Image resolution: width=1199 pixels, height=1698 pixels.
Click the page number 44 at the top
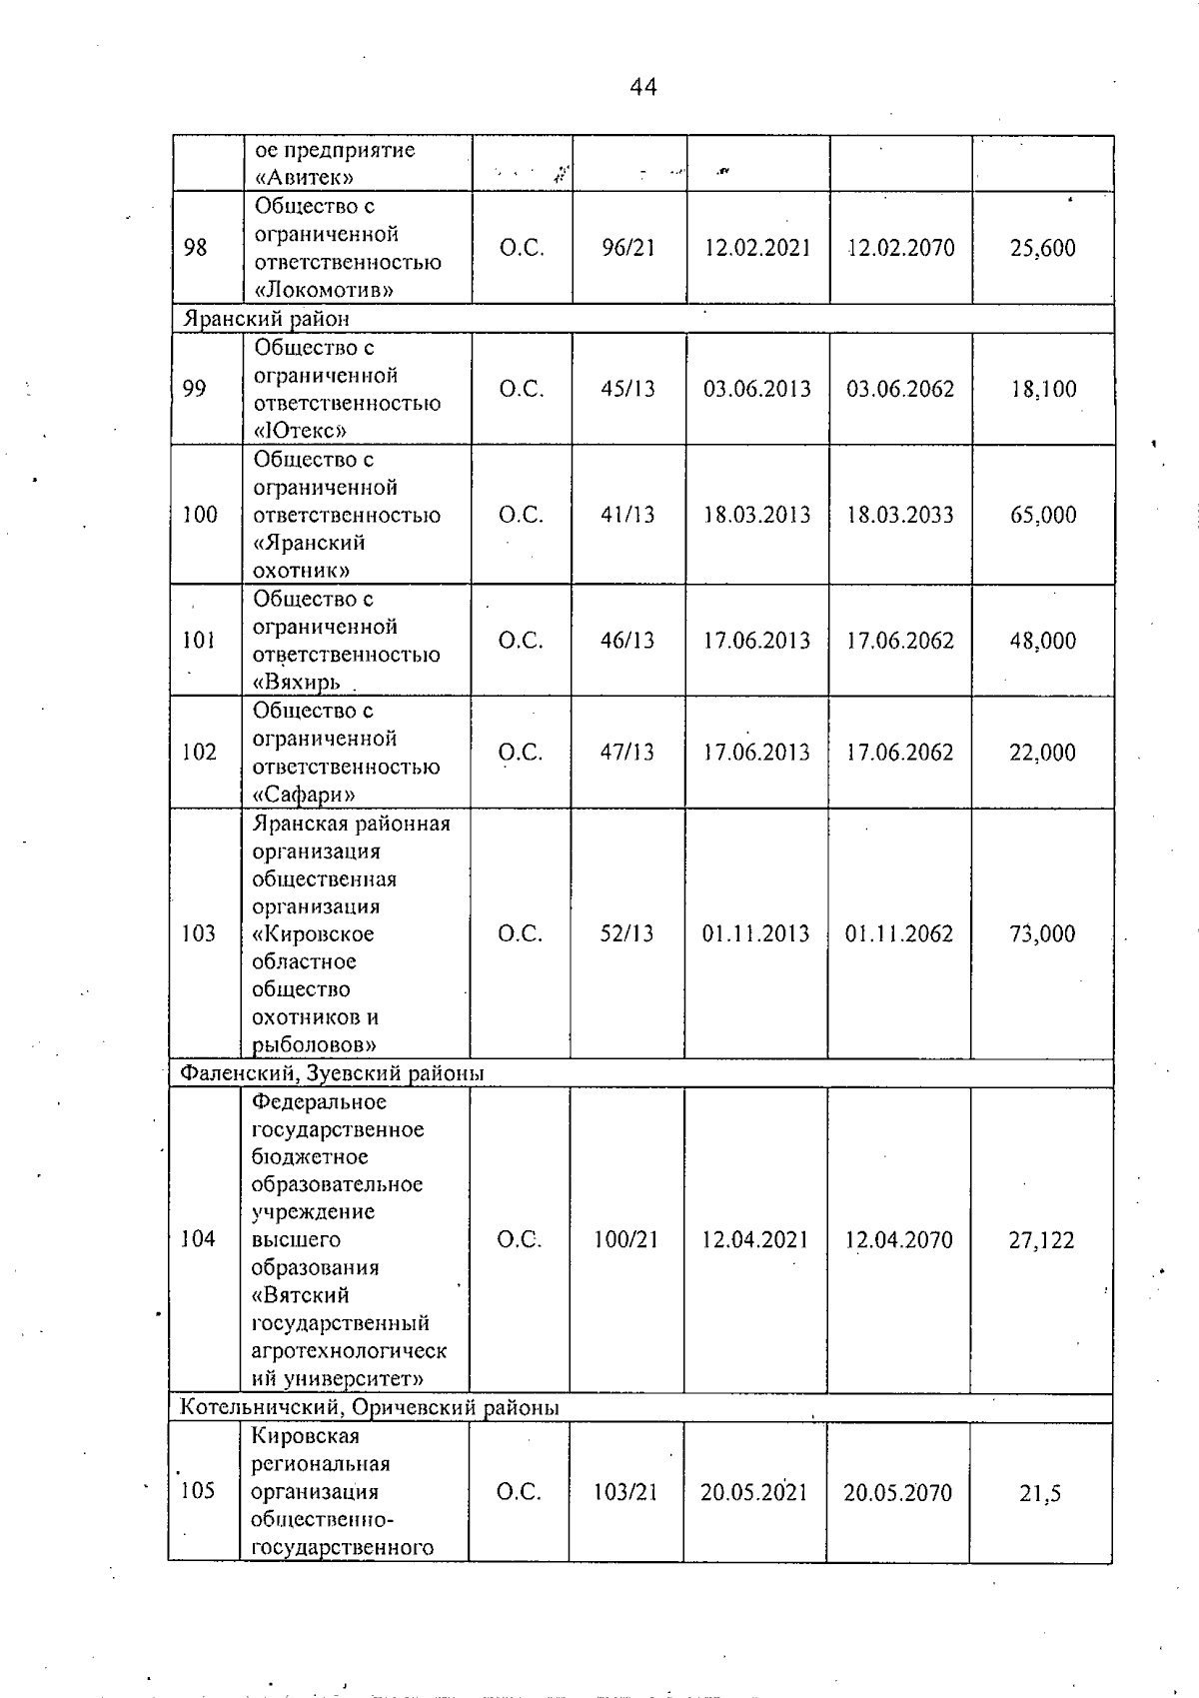pos(643,88)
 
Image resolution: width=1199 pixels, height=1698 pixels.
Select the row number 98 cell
pos(196,247)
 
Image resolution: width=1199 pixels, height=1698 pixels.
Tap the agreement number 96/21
pos(628,248)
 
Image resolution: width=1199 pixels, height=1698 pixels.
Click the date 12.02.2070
pos(900,248)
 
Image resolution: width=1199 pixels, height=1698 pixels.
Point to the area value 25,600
pos(1042,248)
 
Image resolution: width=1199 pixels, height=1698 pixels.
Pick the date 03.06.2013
pos(757,389)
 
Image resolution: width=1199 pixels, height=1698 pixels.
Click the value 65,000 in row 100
pos(1043,515)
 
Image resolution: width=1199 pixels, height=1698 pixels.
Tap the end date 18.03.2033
pos(900,515)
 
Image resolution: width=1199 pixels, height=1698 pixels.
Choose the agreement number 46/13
pos(627,641)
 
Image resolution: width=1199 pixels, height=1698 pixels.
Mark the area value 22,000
pos(1042,753)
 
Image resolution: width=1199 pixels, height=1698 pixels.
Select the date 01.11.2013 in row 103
pos(755,933)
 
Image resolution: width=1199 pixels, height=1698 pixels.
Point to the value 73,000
pos(1042,933)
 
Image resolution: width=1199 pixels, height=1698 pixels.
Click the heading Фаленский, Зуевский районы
pos(331,1073)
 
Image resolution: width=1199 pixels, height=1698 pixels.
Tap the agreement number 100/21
pos(626,1240)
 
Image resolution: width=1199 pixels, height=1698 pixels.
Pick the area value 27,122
pos(1041,1240)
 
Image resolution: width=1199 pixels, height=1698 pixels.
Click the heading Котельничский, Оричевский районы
pos(369,1408)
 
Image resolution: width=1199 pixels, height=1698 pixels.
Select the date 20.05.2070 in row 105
pos(897,1492)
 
